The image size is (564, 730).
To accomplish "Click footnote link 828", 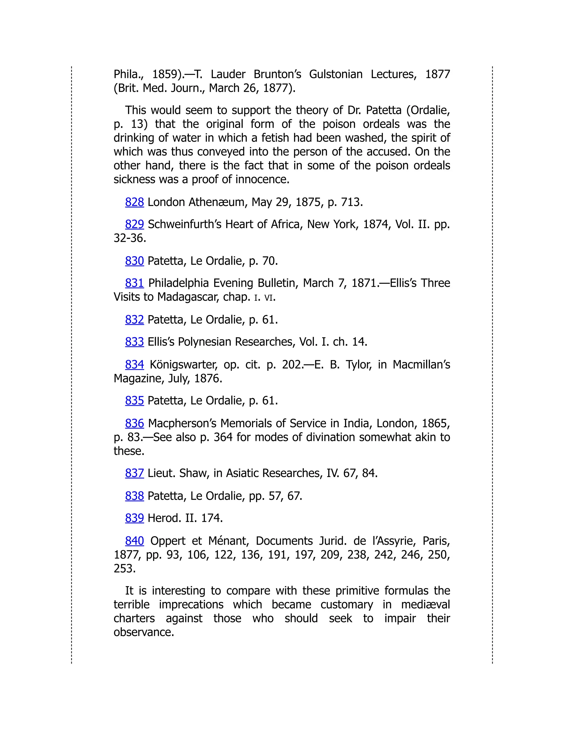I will (134, 202).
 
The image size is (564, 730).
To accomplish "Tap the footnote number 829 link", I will (134, 224).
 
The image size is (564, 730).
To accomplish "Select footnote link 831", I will (134, 283).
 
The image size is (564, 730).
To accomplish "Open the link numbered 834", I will (134, 364).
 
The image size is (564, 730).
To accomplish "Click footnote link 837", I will (134, 473).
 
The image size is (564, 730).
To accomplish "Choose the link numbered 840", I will (134, 541).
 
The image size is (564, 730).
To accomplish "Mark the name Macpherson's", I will (182, 423).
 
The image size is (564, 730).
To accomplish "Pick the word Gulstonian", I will (335, 74).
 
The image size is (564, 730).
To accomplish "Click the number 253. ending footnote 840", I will (124, 569).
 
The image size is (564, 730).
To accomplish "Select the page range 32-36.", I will (130, 238).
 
